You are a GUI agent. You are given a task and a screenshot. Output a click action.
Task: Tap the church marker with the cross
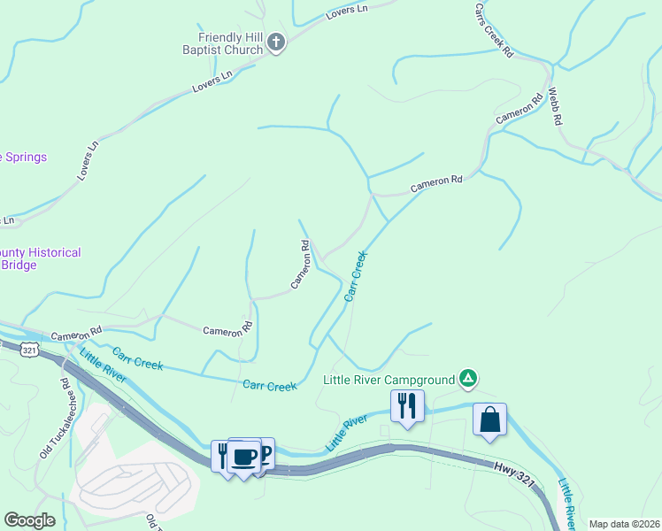click(x=276, y=42)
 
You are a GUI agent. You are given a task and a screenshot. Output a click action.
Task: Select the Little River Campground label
click(x=388, y=381)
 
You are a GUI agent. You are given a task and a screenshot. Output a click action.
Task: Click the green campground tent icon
click(x=469, y=380)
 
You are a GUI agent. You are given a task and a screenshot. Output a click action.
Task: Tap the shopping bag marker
click(x=489, y=420)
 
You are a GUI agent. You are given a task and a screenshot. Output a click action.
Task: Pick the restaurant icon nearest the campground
click(x=407, y=406)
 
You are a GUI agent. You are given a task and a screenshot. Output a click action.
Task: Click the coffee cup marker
click(x=244, y=458)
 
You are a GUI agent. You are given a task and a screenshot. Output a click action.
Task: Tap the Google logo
click(x=29, y=520)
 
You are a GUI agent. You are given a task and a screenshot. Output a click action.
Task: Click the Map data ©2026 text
click(x=624, y=524)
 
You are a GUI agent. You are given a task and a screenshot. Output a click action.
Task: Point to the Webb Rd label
click(x=555, y=107)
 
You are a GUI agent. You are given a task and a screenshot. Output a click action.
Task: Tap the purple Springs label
click(x=23, y=158)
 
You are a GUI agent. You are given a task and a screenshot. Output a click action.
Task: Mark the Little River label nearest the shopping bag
click(x=567, y=505)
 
